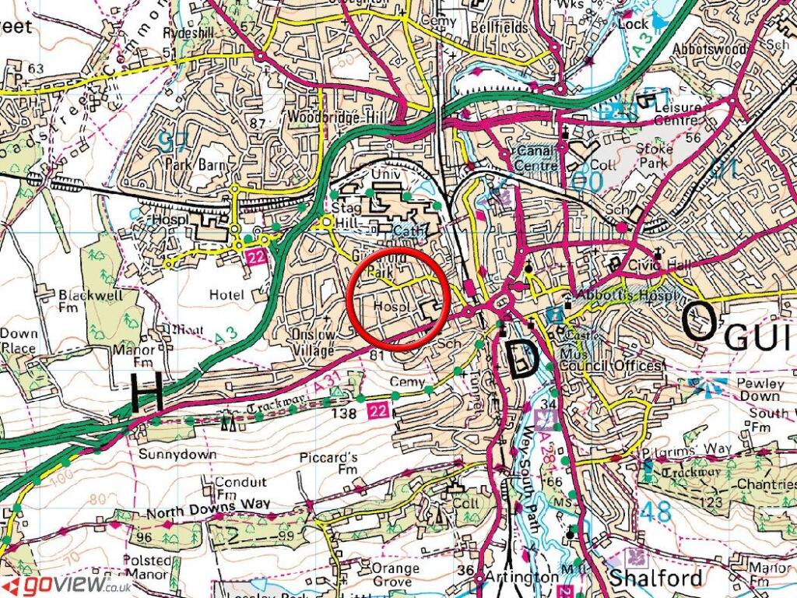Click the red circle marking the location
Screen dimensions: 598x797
tap(398, 300)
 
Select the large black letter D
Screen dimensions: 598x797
tap(522, 359)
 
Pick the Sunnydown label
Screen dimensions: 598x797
tap(165, 452)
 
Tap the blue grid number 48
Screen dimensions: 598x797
tap(657, 512)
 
